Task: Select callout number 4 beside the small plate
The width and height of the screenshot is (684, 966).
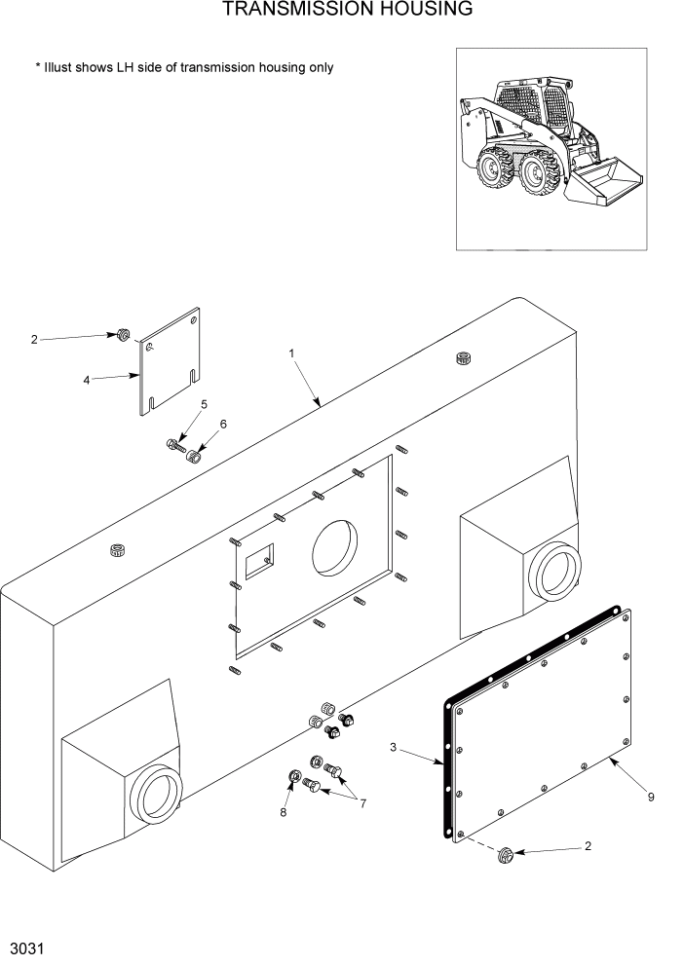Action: (87, 380)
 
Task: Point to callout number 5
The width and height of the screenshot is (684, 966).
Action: (204, 404)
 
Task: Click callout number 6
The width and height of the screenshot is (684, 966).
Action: (223, 425)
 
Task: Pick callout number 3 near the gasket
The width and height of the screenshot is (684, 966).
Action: (393, 748)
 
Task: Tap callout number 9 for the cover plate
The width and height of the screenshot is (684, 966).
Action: (650, 797)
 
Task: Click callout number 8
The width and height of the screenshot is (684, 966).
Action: (284, 811)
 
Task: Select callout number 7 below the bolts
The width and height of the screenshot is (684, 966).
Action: (362, 803)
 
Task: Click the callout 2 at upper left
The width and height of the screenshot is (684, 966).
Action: (34, 340)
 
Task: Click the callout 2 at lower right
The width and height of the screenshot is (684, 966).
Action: (588, 846)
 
